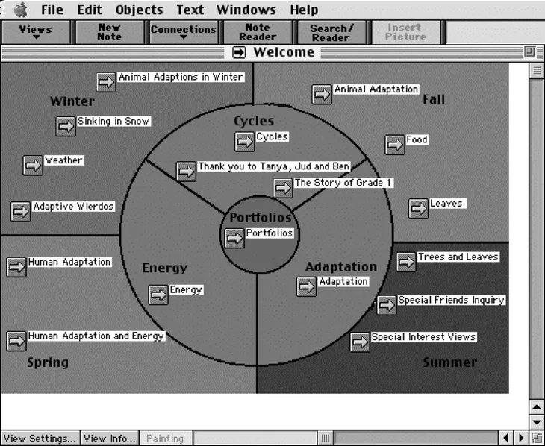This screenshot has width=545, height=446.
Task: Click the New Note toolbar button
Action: click(x=109, y=33)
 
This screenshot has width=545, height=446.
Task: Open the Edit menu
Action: click(x=90, y=10)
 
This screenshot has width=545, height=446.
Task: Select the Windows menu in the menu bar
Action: click(x=245, y=10)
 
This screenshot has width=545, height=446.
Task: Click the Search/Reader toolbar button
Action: click(x=331, y=33)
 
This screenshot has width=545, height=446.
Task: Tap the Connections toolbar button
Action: click(x=183, y=32)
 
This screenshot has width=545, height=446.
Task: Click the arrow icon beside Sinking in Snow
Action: click(x=66, y=126)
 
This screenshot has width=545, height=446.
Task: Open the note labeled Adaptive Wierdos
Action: click(x=73, y=207)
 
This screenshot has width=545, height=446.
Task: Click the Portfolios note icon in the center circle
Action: click(x=235, y=238)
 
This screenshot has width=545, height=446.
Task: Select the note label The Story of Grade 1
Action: click(x=343, y=183)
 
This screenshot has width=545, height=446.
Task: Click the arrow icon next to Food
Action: click(x=395, y=144)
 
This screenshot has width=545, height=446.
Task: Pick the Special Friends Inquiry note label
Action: click(x=451, y=300)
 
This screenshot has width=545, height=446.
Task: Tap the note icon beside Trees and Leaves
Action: click(x=406, y=262)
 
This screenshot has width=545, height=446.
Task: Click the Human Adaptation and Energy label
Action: click(x=96, y=336)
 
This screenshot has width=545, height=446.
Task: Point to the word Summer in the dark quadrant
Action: click(x=449, y=362)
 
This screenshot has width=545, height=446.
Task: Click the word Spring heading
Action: click(x=48, y=362)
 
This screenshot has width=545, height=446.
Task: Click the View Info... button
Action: click(x=109, y=439)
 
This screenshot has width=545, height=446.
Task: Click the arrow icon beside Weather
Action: click(x=33, y=165)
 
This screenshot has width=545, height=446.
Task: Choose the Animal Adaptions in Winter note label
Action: click(x=181, y=77)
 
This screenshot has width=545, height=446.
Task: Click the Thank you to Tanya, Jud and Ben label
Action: click(x=273, y=166)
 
